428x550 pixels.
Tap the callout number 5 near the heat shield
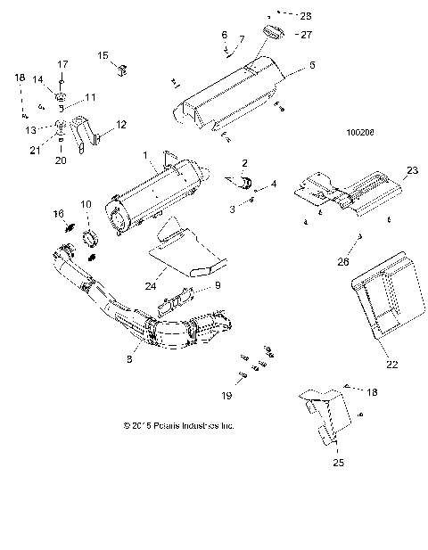click(x=311, y=66)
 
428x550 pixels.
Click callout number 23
click(x=412, y=170)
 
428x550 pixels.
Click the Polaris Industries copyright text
click(x=178, y=426)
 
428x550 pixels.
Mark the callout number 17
click(x=62, y=64)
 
